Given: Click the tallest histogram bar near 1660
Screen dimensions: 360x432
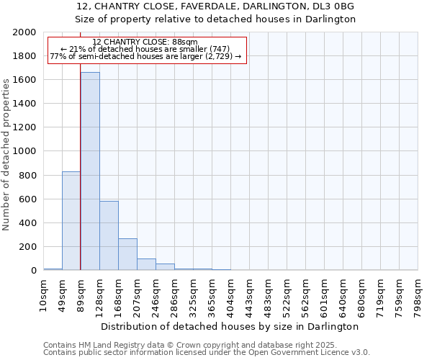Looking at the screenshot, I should [x=90, y=171].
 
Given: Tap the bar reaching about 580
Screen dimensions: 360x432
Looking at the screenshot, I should [x=109, y=235].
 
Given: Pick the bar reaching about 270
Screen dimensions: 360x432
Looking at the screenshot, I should [x=127, y=254].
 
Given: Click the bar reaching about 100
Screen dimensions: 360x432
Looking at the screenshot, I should [x=146, y=264].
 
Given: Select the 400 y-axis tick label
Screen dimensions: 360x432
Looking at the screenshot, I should [x=28, y=223].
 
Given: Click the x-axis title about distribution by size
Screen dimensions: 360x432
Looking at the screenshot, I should [x=230, y=326].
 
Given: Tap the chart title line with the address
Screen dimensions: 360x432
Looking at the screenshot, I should [x=215, y=6].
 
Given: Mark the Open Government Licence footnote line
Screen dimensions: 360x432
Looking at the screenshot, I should [x=207, y=352].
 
